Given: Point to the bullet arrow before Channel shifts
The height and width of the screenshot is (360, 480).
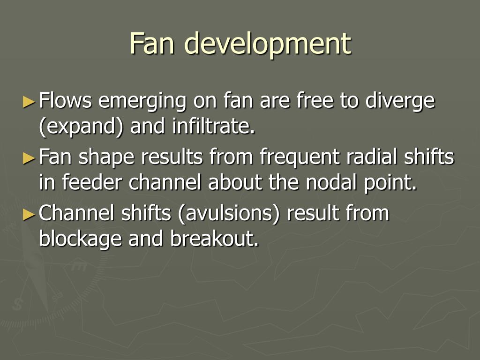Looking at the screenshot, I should pyautogui.click(x=29, y=214).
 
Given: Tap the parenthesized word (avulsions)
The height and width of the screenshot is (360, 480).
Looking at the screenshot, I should pyautogui.click(x=229, y=214).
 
